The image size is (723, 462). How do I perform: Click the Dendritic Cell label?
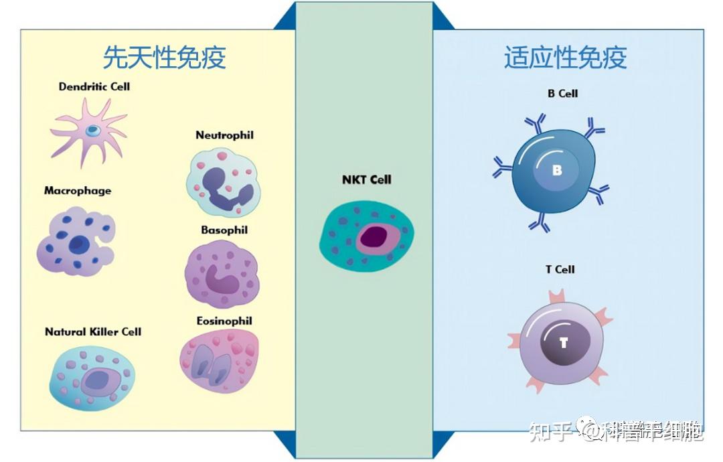[94, 86]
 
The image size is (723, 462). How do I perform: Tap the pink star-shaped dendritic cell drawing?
[90, 129]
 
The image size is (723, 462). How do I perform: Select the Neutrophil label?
[224, 135]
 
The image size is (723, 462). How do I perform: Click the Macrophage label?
[78, 191]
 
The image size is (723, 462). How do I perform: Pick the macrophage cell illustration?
[75, 241]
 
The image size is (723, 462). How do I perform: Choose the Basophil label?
[224, 230]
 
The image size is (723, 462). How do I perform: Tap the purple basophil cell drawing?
[221, 275]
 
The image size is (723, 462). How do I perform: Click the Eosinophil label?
[224, 321]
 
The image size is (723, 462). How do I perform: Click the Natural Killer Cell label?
[93, 331]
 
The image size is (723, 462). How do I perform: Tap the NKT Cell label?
[367, 179]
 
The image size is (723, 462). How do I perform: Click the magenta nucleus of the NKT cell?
[373, 238]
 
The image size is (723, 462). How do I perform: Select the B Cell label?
[562, 94]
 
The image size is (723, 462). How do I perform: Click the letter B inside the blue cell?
[557, 171]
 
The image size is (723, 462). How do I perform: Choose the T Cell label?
[560, 270]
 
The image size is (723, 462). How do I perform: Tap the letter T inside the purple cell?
[564, 343]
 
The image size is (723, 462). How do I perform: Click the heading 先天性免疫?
[164, 58]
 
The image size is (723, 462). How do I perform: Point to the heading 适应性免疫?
[566, 58]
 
